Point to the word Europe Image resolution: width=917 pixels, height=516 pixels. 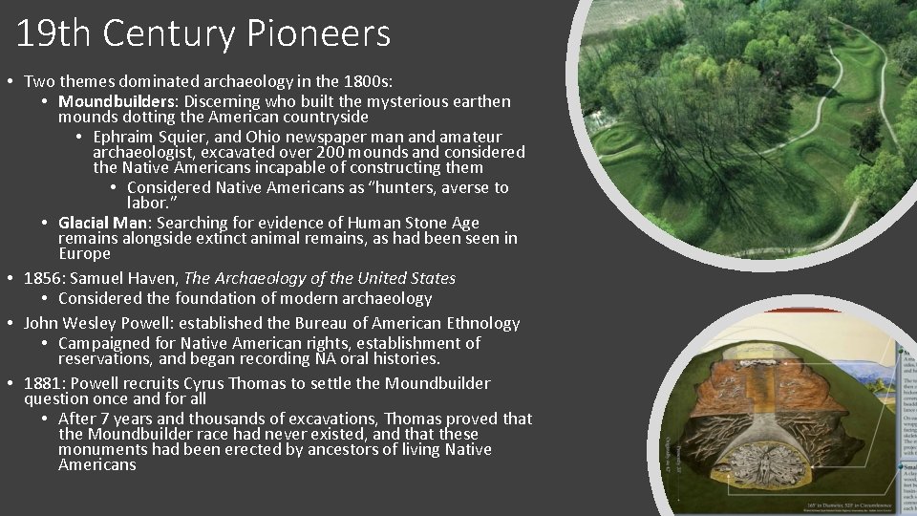pos(84,254)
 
